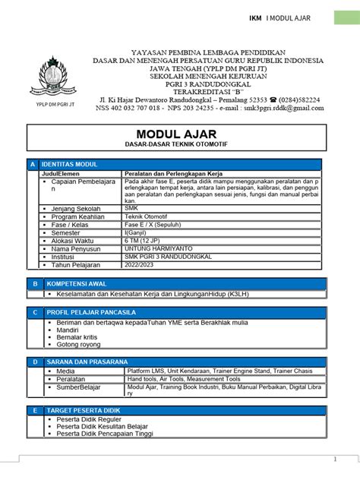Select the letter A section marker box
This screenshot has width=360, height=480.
click(33, 164)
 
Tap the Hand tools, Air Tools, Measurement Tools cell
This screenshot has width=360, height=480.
click(184, 379)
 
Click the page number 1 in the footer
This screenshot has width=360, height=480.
click(335, 459)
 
